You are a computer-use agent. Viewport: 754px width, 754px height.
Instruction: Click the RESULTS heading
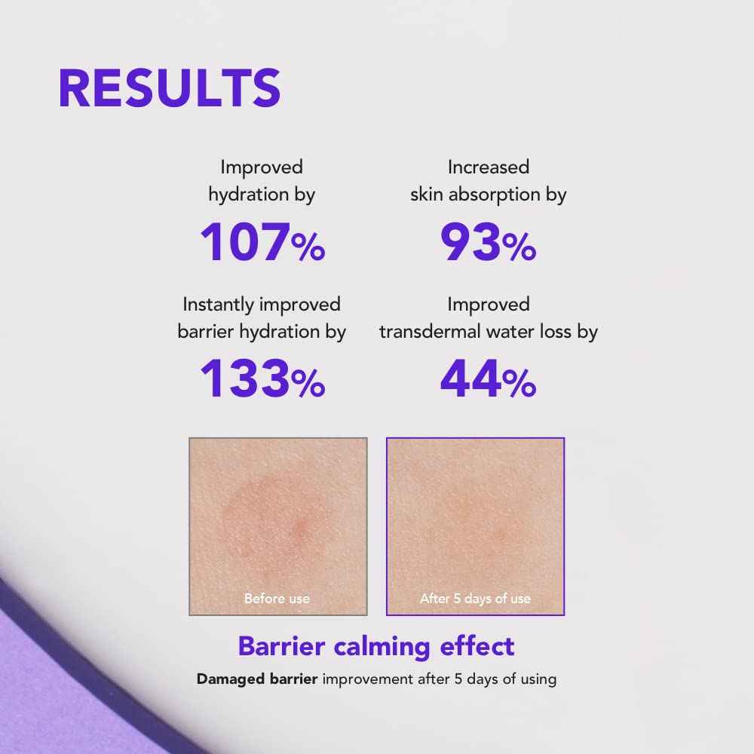tap(170, 88)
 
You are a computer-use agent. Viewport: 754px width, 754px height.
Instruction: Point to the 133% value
tap(262, 379)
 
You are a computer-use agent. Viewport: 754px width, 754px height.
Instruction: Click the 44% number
tap(488, 379)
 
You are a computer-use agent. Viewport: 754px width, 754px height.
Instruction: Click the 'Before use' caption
tap(277, 599)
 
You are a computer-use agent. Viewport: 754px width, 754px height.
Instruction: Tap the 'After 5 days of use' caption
tap(475, 599)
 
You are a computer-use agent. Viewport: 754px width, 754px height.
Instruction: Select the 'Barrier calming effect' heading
tap(376, 646)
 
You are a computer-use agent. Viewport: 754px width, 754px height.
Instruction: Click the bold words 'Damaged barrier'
tap(258, 679)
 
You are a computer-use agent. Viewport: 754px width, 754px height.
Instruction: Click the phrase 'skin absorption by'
tap(489, 195)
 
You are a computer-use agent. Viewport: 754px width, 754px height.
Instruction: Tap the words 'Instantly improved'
tap(262, 305)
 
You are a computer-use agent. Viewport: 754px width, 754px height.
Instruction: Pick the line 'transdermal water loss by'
tap(489, 332)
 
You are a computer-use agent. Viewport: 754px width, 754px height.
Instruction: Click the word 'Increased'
tap(489, 167)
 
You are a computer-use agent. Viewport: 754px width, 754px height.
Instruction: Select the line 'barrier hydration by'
tap(262, 332)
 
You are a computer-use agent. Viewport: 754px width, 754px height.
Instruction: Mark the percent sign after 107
tap(308, 248)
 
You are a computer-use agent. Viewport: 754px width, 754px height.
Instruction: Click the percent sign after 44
tap(519, 384)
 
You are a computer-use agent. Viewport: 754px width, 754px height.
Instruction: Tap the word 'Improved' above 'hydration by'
tap(262, 167)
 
